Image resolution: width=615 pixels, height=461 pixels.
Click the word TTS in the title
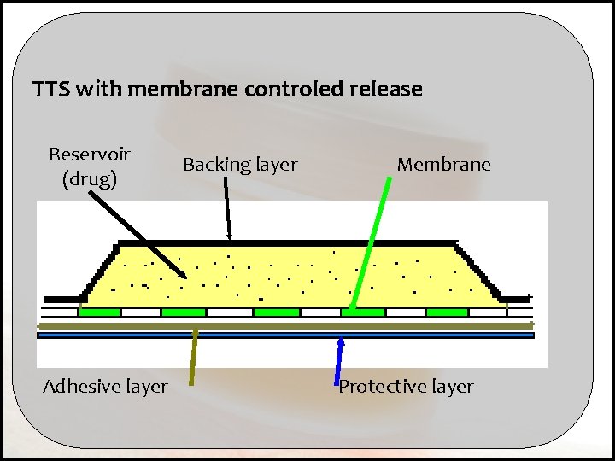50,89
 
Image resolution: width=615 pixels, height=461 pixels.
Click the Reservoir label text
90,155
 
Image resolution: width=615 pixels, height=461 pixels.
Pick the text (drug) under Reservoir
90,179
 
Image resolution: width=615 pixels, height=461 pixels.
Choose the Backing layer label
240,164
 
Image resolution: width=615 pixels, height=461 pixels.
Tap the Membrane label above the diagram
443,164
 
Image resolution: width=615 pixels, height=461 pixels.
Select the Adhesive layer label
105,387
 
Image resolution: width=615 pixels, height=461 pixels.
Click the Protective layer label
406,387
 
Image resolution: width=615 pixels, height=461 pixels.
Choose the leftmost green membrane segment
99,312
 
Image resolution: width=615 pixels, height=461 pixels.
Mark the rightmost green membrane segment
447,312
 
